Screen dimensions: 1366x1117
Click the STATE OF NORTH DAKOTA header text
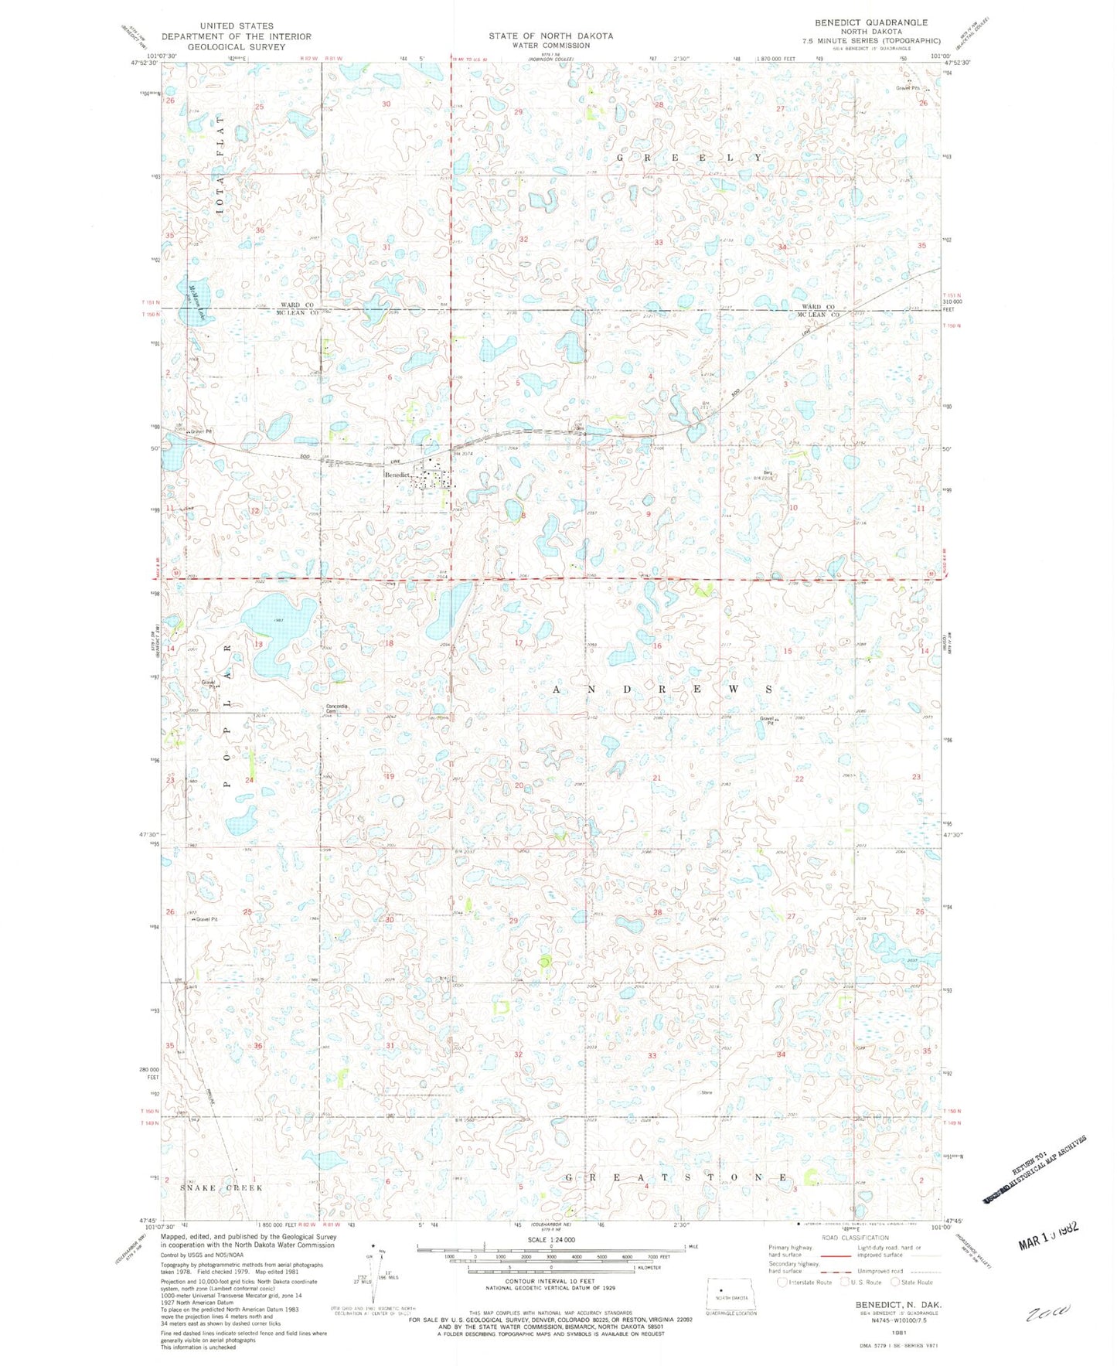pyautogui.click(x=550, y=36)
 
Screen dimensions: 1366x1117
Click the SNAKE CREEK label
pyautogui.click(x=222, y=1187)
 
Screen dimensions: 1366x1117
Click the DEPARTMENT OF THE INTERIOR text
pyautogui.click(x=236, y=36)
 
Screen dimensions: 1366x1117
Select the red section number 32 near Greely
pyautogui.click(x=523, y=240)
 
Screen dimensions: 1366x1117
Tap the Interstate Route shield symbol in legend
pyautogui.click(x=783, y=1282)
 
